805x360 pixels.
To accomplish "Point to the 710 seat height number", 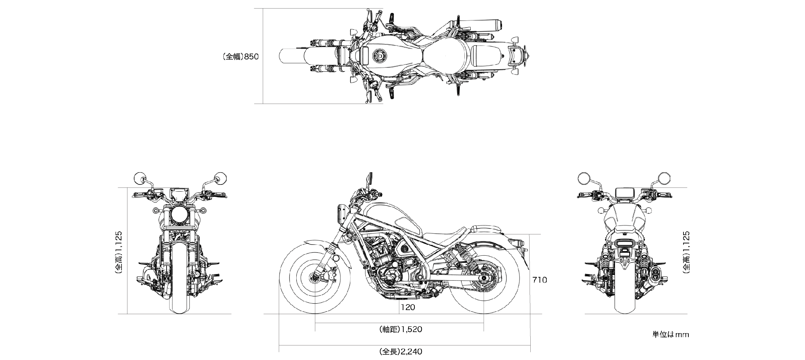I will pos(540,280).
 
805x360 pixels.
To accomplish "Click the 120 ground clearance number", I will pos(408,307).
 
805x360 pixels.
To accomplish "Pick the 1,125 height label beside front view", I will pos(119,253).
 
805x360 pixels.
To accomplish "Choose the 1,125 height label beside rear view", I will pos(686,253).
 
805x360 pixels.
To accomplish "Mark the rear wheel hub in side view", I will pos(484,278).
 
